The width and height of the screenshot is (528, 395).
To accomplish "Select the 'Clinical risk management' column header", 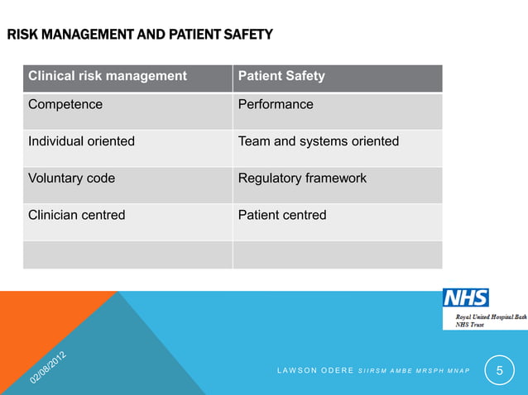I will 108,76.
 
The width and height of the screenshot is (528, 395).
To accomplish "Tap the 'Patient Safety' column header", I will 281,76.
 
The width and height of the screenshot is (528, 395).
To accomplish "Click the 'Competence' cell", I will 65,105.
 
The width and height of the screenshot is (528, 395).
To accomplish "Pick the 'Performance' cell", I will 276,105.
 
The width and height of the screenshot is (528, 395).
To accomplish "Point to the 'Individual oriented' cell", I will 81,141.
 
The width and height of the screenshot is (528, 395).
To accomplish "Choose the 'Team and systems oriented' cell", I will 319,141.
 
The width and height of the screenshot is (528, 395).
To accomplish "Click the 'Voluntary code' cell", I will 72,178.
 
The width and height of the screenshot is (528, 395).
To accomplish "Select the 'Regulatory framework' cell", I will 302,178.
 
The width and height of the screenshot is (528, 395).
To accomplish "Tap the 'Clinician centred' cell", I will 77,215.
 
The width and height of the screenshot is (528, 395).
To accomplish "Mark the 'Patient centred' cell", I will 282,215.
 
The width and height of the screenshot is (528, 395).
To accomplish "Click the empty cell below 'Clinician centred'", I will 127,254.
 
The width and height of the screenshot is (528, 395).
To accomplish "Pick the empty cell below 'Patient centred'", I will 337,254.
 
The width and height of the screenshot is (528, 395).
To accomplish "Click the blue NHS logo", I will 465,297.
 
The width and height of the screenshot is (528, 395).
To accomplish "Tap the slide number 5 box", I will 499,371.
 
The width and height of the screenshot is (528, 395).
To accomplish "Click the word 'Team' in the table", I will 254,141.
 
